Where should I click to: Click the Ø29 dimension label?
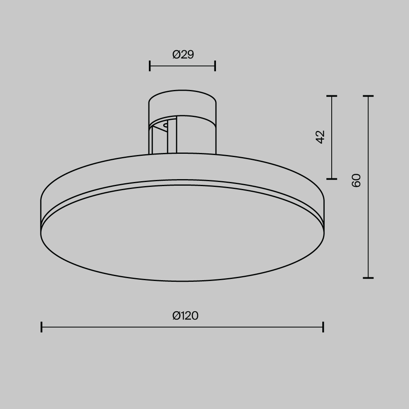click(183, 54)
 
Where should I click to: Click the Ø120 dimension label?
click(185, 316)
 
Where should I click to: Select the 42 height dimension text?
click(320, 137)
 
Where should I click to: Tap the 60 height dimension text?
click(356, 180)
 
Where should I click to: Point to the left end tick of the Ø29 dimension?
click(150, 65)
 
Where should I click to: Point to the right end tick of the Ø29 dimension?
click(215, 65)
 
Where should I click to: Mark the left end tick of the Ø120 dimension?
click(42, 327)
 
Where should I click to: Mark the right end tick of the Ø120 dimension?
click(323, 327)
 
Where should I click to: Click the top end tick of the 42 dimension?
click(332, 96)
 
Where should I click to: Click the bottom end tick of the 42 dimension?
click(332, 179)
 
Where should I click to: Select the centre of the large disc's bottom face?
click(182, 233)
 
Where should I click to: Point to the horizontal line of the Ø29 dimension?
click(182, 65)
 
